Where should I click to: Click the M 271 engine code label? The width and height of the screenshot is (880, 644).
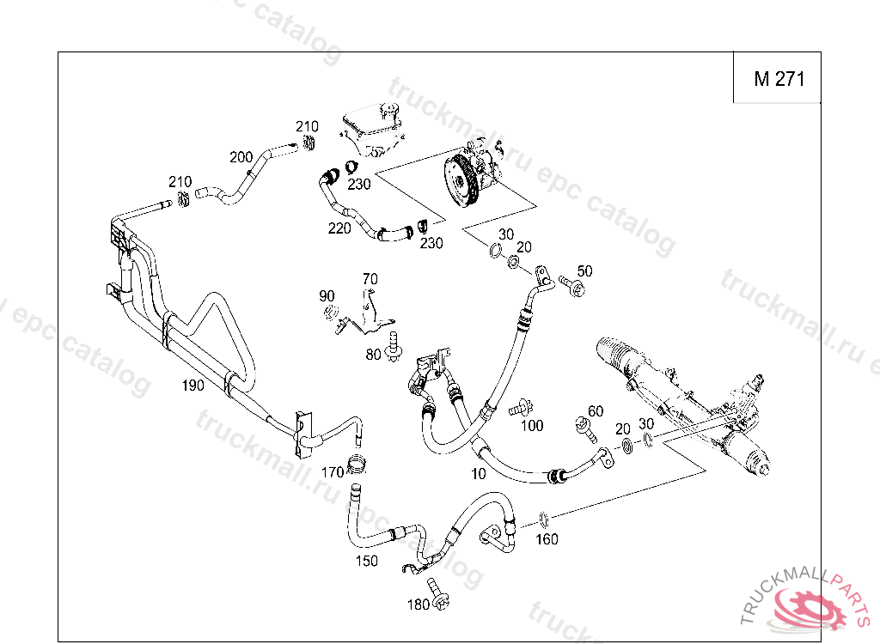point(779,79)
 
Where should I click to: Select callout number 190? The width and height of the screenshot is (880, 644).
point(192,386)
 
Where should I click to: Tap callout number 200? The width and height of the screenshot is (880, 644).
point(241,157)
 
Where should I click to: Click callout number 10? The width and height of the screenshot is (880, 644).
point(479,473)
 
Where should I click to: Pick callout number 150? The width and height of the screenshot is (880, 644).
point(367,562)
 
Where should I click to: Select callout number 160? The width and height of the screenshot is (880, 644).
point(547,539)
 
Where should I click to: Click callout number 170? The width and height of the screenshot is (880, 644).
point(333,472)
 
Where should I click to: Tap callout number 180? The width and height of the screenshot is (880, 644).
point(418,605)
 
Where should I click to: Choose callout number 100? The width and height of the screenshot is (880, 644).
point(532,426)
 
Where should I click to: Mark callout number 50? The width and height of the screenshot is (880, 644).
point(584,271)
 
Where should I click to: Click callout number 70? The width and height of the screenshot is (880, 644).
point(370,278)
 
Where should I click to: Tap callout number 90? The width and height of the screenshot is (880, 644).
point(327,296)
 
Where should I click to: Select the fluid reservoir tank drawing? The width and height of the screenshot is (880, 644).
point(371,128)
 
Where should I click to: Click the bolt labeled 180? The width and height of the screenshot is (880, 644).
point(437,592)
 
